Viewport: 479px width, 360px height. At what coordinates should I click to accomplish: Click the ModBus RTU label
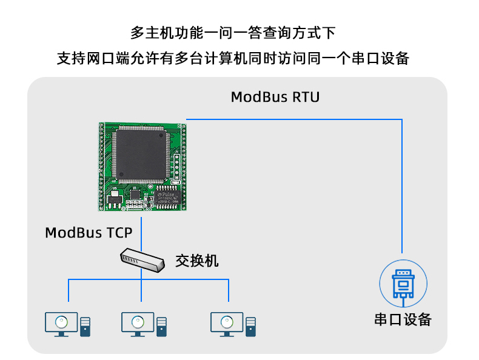275,97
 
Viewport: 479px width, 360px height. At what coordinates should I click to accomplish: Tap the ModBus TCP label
89,233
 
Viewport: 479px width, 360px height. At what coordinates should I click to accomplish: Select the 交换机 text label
196,261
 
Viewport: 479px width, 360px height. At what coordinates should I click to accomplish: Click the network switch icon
142,260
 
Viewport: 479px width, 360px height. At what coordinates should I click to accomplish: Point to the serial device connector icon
403,285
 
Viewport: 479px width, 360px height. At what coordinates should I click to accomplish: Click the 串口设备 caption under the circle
403,319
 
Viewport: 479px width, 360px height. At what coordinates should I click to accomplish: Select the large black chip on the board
141,154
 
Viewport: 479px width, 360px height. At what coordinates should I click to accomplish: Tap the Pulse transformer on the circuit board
167,198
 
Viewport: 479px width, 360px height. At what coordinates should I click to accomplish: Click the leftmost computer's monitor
61,324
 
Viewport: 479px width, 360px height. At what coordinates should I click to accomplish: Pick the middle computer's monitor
138,324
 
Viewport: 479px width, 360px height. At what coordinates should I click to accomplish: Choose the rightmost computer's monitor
227,324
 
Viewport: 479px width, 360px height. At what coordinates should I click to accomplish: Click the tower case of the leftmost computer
85,327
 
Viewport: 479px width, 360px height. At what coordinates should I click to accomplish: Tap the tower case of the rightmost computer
251,327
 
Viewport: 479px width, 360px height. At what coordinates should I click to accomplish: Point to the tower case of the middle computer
162,327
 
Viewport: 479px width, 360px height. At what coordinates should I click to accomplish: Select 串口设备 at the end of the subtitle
380,58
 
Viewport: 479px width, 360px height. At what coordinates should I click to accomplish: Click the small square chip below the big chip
135,195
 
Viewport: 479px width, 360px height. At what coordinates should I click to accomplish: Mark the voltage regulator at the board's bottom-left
114,199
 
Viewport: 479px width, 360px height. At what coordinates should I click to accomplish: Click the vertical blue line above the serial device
402,186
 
